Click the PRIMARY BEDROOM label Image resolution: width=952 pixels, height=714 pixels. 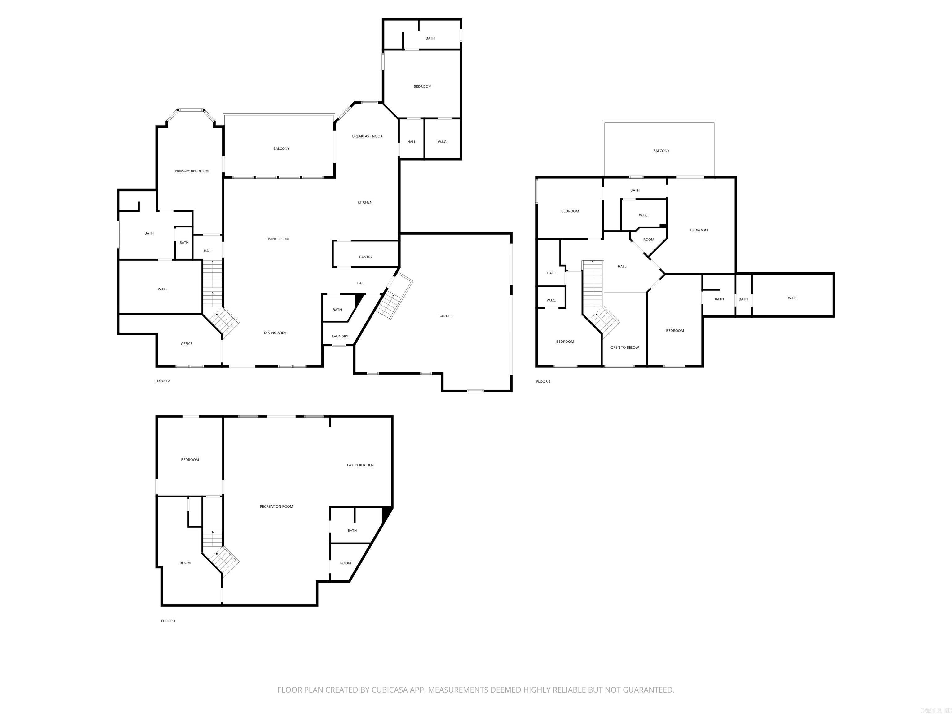tap(192, 171)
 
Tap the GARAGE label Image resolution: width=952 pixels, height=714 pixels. tap(445, 316)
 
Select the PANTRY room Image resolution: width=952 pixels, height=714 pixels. tap(365, 257)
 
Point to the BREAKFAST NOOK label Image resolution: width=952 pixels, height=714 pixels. tap(367, 136)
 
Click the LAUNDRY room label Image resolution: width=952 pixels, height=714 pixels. tap(340, 336)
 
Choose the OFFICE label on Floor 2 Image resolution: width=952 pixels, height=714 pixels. tap(186, 343)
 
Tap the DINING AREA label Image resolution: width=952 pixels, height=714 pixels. tap(275, 333)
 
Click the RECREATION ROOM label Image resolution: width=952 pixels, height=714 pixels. tap(276, 507)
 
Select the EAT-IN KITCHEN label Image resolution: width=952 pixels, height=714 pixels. tap(360, 465)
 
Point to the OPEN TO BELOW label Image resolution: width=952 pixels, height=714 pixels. tap(624, 347)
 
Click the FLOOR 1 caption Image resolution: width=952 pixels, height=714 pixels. tap(168, 621)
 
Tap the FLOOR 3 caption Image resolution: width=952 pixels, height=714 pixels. tap(543, 381)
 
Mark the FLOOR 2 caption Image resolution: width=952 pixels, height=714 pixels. tap(162, 381)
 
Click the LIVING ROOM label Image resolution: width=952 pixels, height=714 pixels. tap(278, 239)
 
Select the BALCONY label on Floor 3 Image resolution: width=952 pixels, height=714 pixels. tap(661, 151)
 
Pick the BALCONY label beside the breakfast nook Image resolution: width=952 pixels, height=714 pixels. tap(281, 148)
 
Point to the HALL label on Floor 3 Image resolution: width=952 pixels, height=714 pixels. tap(622, 267)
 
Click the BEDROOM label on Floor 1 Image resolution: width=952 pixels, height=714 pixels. tap(190, 460)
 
